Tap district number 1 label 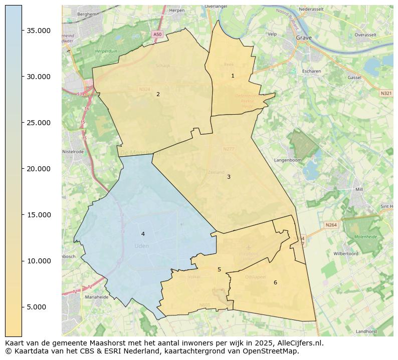[233, 76]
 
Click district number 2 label [158, 94]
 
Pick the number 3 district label [229, 177]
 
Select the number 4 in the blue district [143, 234]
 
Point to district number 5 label [219, 269]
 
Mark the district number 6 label [275, 282]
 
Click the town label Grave [304, 38]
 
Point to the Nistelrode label [73, 151]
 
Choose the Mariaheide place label [83, 297]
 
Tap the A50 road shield [157, 34]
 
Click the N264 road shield [331, 225]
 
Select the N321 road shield [386, 93]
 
